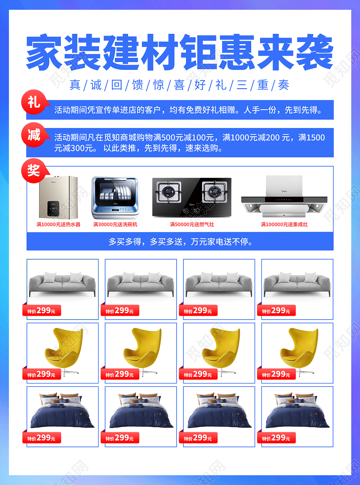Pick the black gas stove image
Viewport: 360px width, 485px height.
[192, 196]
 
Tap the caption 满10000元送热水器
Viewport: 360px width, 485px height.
[58, 225]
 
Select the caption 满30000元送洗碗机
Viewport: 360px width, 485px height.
[115, 225]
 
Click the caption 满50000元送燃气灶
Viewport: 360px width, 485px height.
[192, 225]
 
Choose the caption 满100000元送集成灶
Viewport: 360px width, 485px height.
[284, 225]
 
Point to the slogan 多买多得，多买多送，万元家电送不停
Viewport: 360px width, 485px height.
[180, 242]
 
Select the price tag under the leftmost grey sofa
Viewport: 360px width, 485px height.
[42, 311]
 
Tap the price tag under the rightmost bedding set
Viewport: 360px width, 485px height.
[276, 438]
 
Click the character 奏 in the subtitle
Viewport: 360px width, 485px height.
[284, 85]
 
